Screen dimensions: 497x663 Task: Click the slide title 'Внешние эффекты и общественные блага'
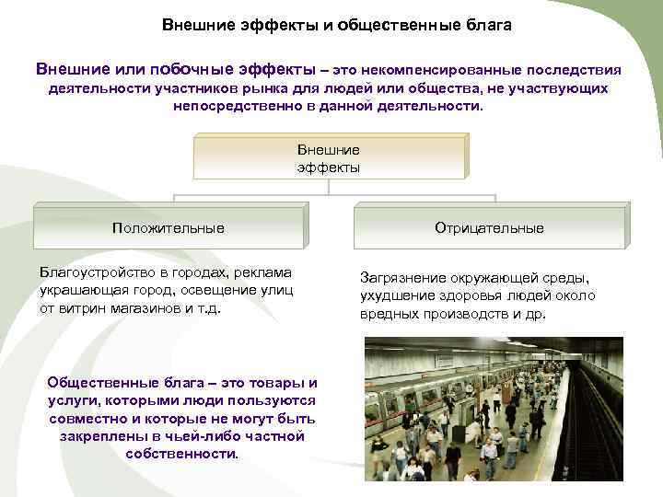(337, 25)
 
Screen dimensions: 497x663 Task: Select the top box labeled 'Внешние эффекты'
(329, 156)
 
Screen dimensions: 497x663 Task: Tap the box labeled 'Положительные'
(168, 227)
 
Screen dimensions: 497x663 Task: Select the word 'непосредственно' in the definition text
(225, 106)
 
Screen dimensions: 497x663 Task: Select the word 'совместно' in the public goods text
(85, 418)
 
